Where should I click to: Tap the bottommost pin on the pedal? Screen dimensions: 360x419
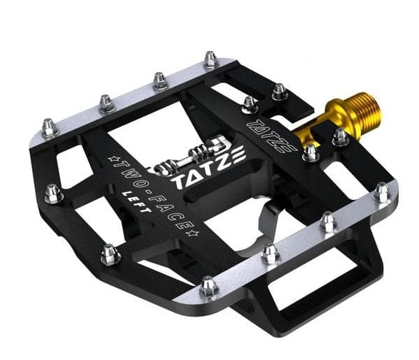click(208, 285)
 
